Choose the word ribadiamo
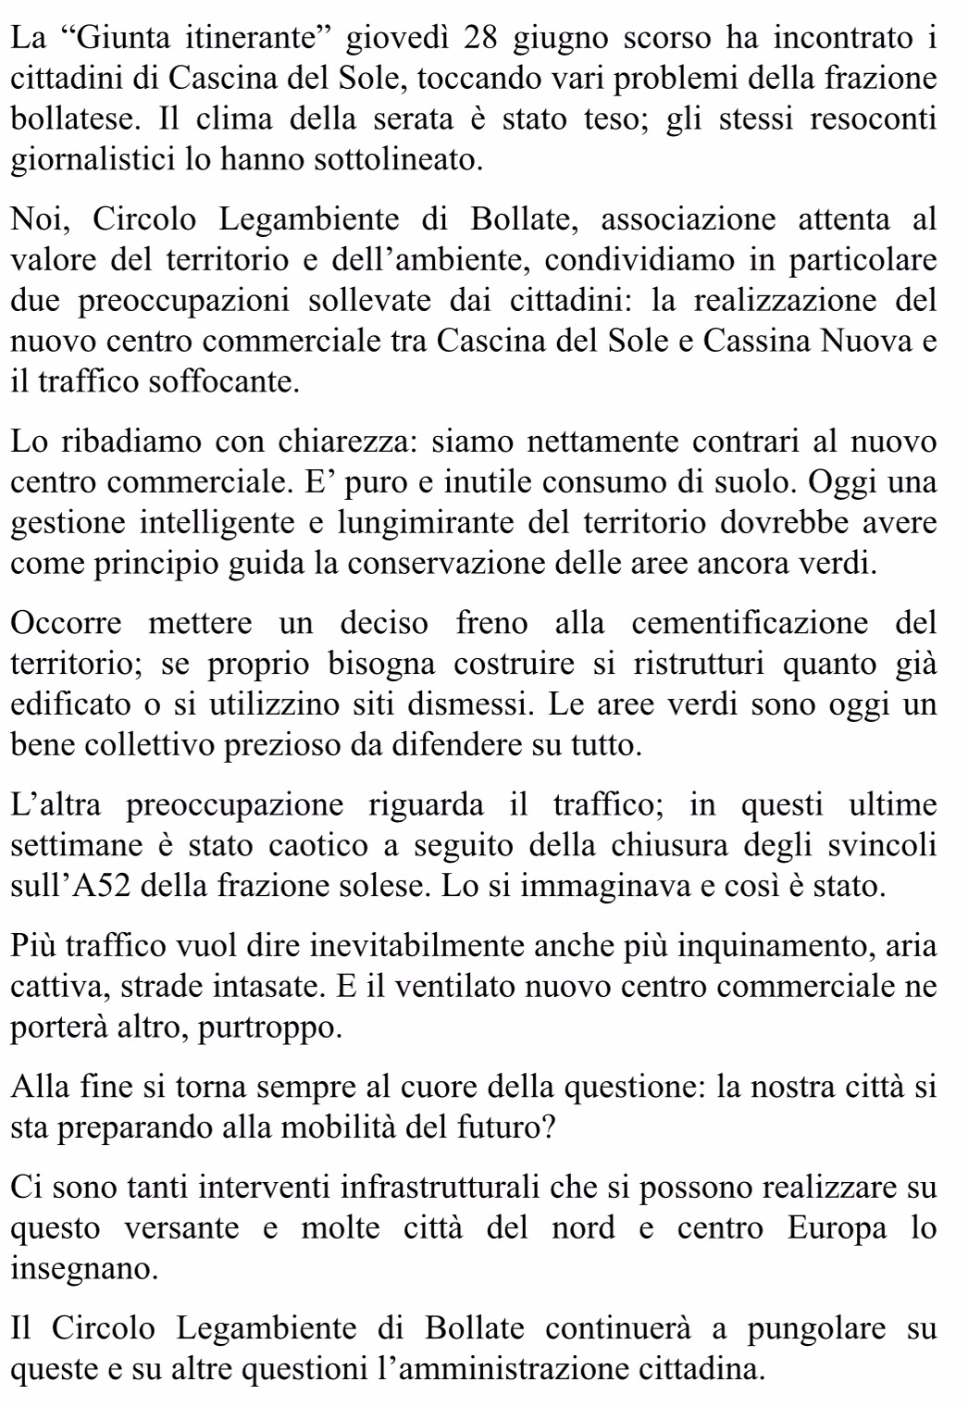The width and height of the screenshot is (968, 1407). (x=132, y=442)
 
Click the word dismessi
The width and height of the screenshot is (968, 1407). (x=471, y=703)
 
